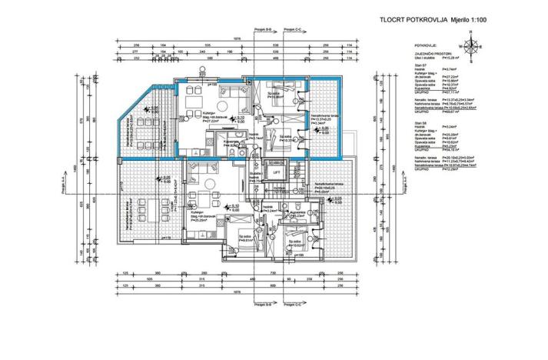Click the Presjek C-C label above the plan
[x=294, y=29]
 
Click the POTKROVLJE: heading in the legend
[x=426, y=45]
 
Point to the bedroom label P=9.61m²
[x=244, y=239]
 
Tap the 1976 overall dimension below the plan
[x=237, y=292]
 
